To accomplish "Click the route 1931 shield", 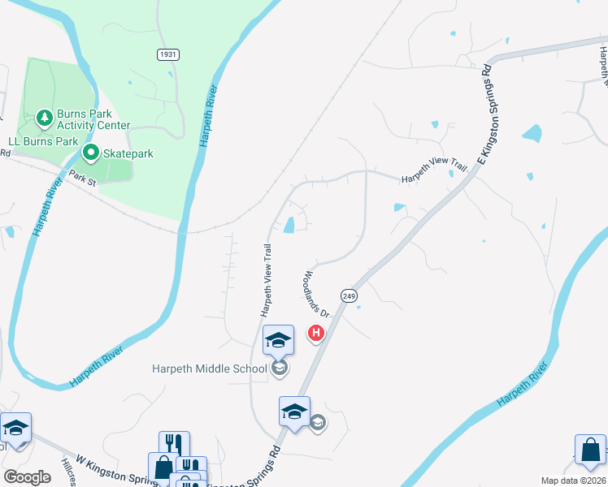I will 168,54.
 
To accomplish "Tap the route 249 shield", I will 349,296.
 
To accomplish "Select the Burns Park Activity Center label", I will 93,120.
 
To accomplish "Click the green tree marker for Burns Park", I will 44,120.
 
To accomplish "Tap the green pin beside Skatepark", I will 91,153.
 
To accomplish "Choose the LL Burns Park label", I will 43,141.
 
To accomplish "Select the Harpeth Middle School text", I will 210,369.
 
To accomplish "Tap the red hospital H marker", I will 315,333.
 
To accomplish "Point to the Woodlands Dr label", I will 318,295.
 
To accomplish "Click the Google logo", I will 27,476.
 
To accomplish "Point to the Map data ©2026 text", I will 573,481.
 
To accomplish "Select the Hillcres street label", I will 69,470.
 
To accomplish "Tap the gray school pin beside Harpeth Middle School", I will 280,369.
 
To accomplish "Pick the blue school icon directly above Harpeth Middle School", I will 278,341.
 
